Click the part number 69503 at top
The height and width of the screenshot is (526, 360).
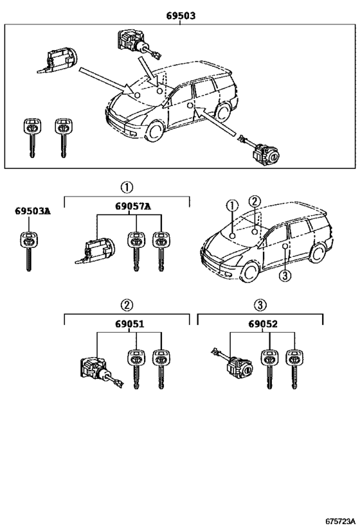(x=180, y=15)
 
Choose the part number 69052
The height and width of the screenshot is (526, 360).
(x=263, y=325)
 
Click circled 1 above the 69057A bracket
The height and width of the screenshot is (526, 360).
(x=127, y=188)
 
